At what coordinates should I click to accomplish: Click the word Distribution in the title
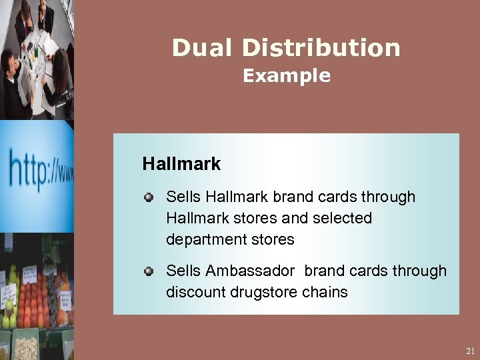coord(321,48)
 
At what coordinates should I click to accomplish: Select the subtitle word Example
coord(287,76)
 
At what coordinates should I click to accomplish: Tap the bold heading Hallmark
coord(181,163)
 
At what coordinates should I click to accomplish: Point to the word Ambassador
coord(250,271)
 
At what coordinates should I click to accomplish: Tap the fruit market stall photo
coord(37,297)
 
